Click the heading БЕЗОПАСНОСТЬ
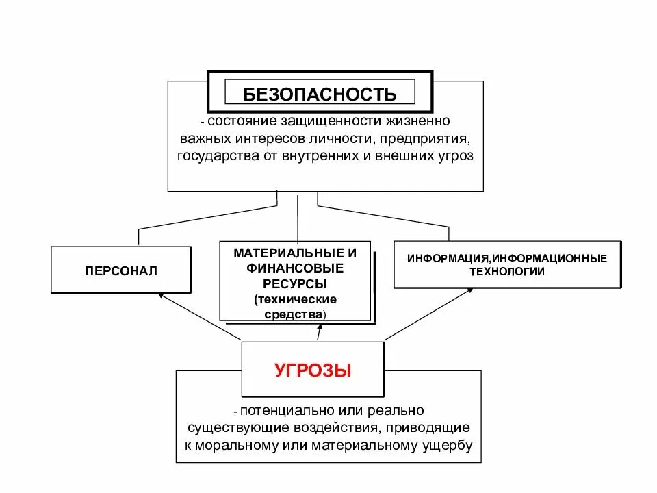pos(320,94)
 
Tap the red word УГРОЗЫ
pos(313,371)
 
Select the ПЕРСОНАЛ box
pos(121,271)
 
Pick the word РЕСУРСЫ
pos(295,283)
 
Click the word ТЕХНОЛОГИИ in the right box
pos(507,271)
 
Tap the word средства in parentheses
pos(294,314)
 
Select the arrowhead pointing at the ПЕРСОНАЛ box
pos(161,295)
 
